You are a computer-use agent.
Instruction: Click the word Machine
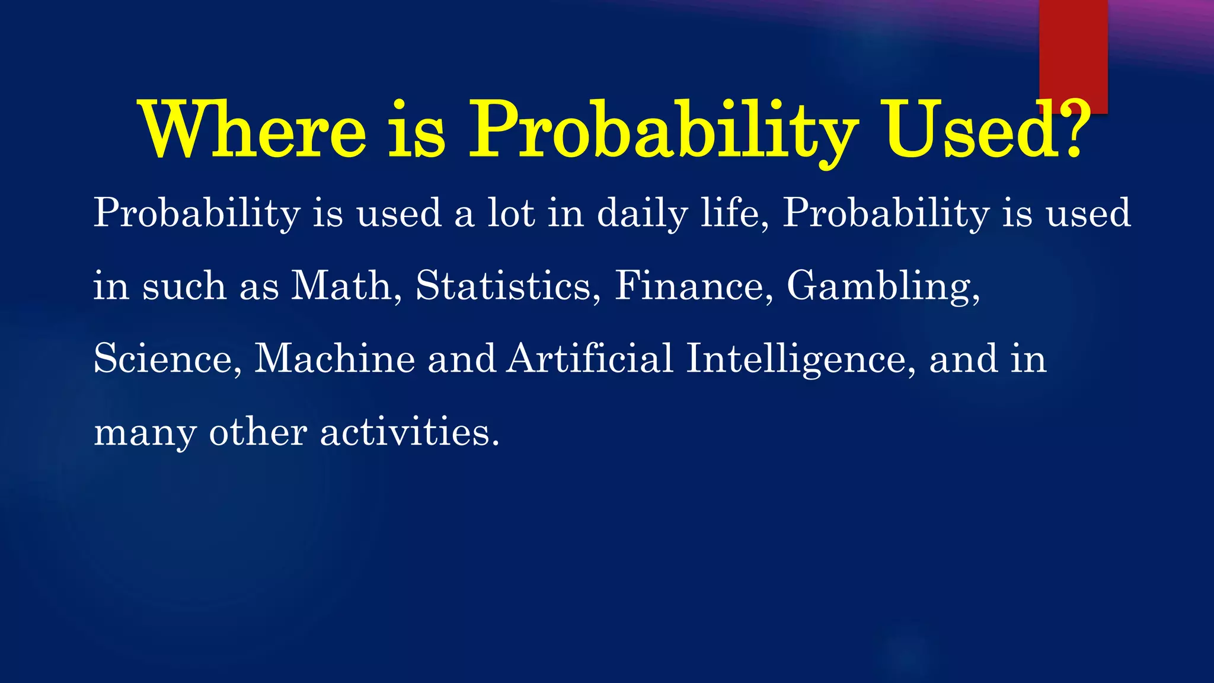coord(335,359)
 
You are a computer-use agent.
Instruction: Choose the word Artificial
coord(590,359)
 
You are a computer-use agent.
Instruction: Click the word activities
coord(409,432)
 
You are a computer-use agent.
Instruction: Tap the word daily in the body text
coord(642,213)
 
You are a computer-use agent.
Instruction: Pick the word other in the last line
coord(258,432)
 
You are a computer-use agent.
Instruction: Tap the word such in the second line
coord(184,286)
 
